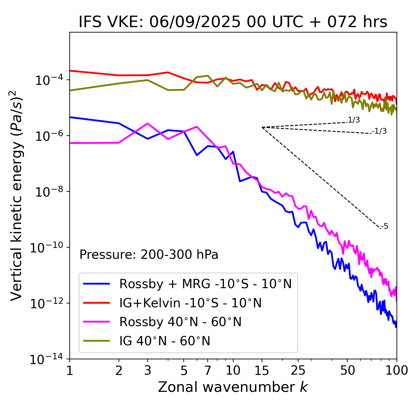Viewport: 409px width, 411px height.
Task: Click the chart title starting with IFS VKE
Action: click(233, 22)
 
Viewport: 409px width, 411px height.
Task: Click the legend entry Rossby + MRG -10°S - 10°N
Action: click(205, 284)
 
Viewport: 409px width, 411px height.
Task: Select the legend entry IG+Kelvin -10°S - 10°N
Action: click(190, 303)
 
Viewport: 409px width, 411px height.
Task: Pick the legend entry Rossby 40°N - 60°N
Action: click(180, 322)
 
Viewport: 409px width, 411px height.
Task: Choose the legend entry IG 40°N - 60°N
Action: click(165, 341)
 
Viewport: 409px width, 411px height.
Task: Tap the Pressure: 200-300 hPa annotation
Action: click(149, 255)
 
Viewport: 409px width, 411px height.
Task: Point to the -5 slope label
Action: click(384, 226)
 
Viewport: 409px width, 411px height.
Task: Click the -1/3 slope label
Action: click(379, 131)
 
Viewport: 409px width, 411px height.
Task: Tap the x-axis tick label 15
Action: click(262, 370)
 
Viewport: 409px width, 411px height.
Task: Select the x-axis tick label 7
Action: click(208, 370)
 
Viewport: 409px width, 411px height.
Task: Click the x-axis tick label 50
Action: click(347, 370)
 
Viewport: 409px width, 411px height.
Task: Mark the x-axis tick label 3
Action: click(147, 370)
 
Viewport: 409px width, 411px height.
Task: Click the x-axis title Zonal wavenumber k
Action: click(233, 387)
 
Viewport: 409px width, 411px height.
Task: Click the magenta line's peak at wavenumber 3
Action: click(147, 123)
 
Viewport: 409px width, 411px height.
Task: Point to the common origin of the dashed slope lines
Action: click(262, 127)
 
